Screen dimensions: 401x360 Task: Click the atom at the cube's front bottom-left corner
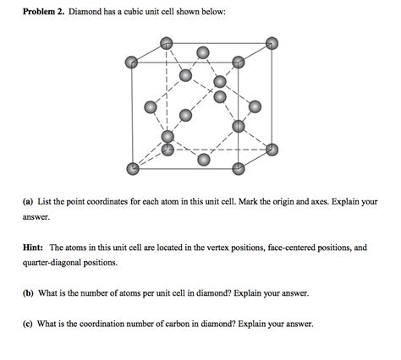click(x=132, y=168)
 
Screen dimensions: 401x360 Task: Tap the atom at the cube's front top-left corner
click(x=132, y=62)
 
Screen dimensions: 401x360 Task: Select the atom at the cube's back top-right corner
click(x=271, y=42)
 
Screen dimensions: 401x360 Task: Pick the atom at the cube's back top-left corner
click(x=167, y=42)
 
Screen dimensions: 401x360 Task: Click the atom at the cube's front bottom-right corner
click(x=238, y=168)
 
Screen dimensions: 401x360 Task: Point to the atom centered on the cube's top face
click(x=202, y=52)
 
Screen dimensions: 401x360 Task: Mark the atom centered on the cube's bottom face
click(x=202, y=159)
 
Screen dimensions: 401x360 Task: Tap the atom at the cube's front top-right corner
click(x=238, y=62)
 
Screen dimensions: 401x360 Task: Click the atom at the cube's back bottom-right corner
click(x=271, y=149)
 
